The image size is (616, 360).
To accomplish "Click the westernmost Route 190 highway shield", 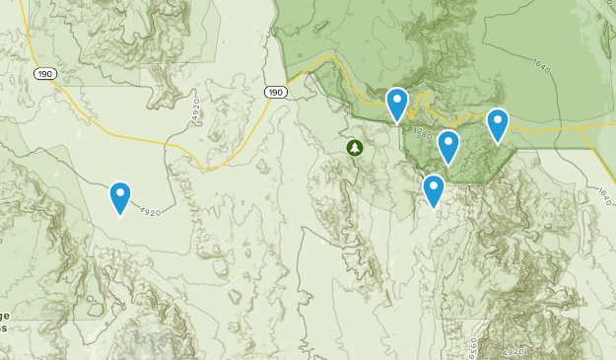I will click(x=43, y=74).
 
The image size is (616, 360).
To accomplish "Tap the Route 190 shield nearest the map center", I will click(x=276, y=92).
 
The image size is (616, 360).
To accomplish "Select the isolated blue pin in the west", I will click(x=119, y=197).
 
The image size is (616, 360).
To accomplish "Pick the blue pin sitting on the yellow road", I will click(x=396, y=103).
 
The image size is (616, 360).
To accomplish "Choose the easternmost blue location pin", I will click(x=498, y=124).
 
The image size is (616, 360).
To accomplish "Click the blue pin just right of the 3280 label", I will click(x=448, y=146).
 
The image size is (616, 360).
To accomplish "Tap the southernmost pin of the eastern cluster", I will click(x=434, y=189).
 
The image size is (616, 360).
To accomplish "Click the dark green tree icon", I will click(x=355, y=148).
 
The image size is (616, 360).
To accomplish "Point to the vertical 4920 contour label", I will click(x=196, y=108).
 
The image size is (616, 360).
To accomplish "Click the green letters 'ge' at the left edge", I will click(x=5, y=315).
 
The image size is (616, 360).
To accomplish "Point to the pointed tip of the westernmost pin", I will click(x=119, y=215).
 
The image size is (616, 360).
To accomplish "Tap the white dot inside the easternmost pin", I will click(x=498, y=121).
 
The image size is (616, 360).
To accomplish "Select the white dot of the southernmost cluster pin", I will click(x=434, y=186).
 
